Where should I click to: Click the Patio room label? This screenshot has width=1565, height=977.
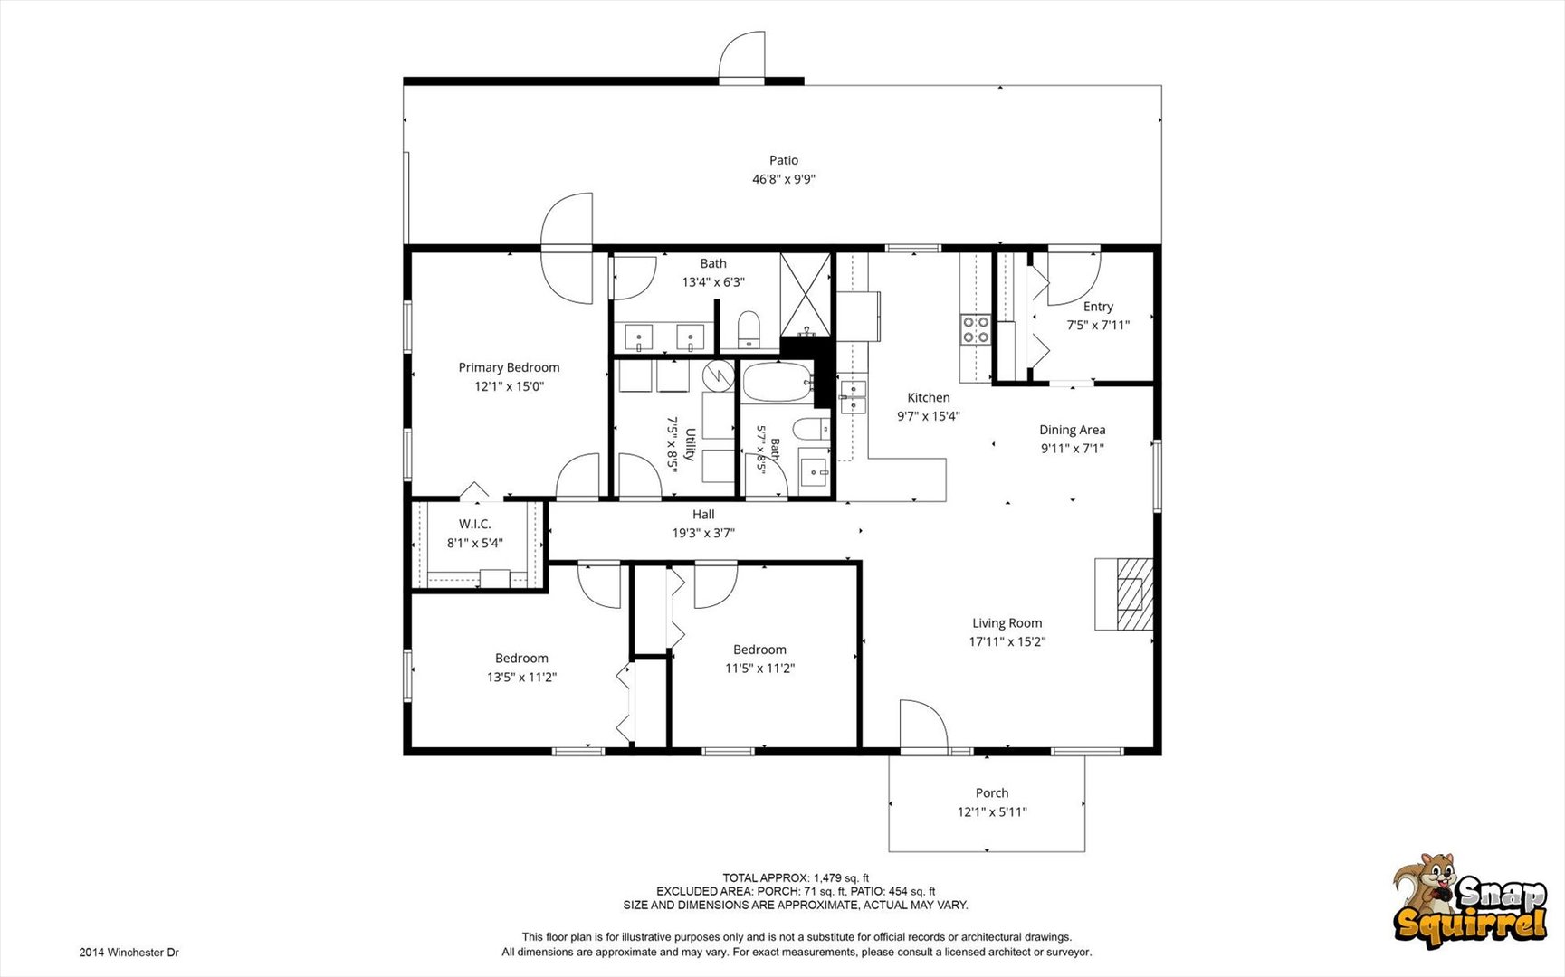784,160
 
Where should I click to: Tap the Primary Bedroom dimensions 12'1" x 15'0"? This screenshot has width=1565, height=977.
509,386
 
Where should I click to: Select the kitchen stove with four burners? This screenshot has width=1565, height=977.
976,329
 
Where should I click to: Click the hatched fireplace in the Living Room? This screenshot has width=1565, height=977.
1134,594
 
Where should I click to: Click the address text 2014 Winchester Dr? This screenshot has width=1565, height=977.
129,953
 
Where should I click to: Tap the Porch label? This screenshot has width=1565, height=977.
992,793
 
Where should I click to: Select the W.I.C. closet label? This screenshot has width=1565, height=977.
475,525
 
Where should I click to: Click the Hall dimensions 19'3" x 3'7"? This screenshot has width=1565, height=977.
703,534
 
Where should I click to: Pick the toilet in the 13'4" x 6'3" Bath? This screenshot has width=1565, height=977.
749,330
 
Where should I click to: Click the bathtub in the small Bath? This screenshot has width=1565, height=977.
778,383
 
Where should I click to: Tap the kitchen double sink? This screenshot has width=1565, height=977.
853,396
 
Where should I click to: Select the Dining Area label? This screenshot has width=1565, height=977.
1073,430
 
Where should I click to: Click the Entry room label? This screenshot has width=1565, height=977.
1098,307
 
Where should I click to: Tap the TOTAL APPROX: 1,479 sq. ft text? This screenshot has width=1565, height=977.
796,877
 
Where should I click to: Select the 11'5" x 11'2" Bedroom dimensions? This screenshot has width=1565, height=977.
759,669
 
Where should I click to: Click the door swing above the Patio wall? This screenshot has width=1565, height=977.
741,56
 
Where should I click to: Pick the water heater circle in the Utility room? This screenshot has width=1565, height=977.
719,375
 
